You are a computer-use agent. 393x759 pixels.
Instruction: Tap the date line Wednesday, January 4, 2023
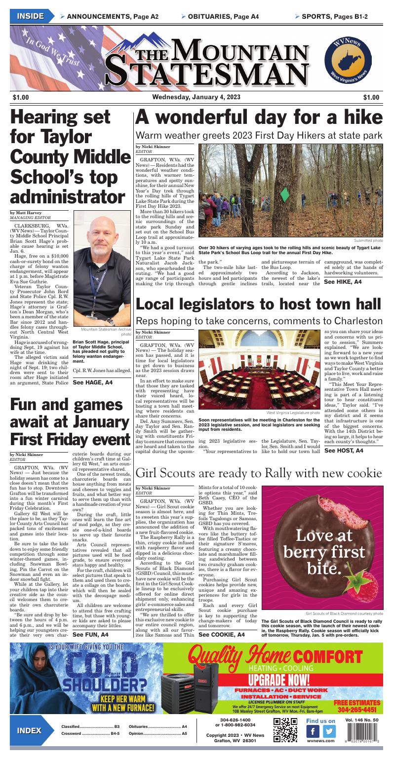click(x=196, y=97)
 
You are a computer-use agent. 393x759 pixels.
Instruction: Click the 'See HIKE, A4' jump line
click(x=342, y=282)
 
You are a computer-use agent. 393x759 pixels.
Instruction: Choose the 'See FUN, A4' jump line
click(x=90, y=634)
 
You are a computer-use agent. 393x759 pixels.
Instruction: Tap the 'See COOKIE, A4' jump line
click(x=221, y=634)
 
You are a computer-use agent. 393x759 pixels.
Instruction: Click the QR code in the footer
click(x=285, y=731)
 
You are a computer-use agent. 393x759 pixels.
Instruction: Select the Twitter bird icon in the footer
click(x=328, y=731)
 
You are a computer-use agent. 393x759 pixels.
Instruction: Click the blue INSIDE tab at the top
click(x=30, y=16)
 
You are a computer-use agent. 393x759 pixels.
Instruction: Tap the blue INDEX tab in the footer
click(x=29, y=731)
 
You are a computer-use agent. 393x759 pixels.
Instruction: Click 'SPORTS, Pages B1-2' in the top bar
click(x=335, y=17)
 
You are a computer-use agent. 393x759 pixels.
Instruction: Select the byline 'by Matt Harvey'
click(x=26, y=213)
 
